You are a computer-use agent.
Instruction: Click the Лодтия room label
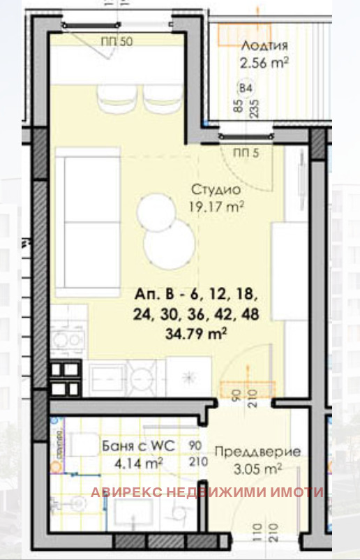coord(264,46)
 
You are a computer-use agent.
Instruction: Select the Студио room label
coord(216,190)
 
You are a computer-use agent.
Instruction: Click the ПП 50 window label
coord(116,41)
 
